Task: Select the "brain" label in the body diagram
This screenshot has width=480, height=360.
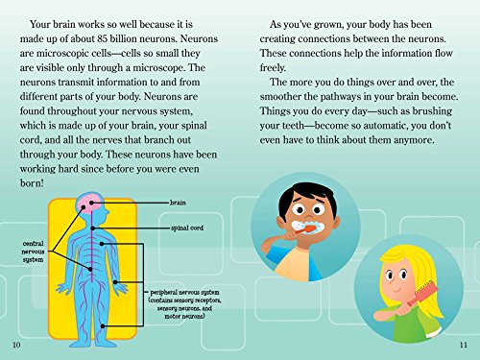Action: pos(178,204)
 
